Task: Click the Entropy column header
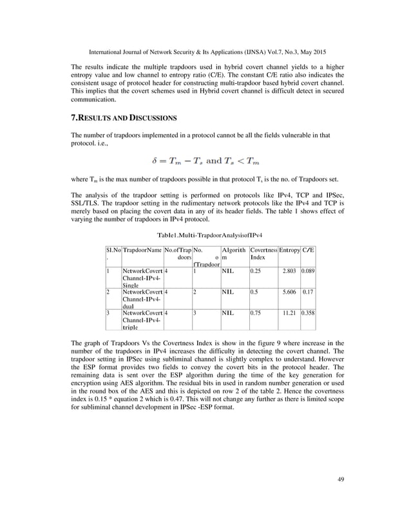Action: click(289, 249)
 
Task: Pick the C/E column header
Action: click(308, 249)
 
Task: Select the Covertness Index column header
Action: click(263, 253)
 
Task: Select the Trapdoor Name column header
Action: click(142, 249)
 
